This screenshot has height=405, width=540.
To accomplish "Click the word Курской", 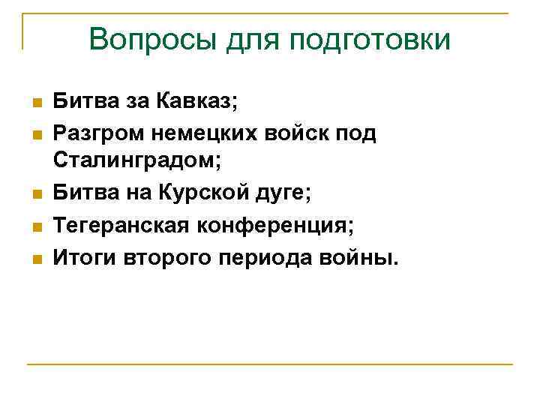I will pyautogui.click(x=225, y=193).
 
